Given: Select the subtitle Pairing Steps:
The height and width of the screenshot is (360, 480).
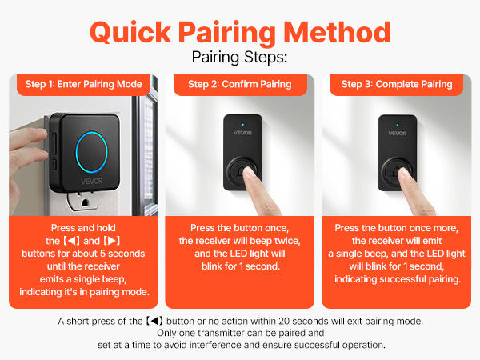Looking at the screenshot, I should (239, 58).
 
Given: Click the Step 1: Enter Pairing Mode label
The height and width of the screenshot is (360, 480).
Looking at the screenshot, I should (83, 84).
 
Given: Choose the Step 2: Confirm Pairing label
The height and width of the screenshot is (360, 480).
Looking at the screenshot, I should (239, 84).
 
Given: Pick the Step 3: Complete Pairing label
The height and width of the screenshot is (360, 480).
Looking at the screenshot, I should (397, 84).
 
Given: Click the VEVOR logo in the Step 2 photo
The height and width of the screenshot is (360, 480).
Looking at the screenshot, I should (239, 133).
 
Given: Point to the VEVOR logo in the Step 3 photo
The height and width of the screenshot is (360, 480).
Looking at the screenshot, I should (397, 133).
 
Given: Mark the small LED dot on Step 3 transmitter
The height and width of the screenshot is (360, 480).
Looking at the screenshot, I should (397, 122).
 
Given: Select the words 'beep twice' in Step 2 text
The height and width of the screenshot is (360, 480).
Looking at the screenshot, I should (281, 241).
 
